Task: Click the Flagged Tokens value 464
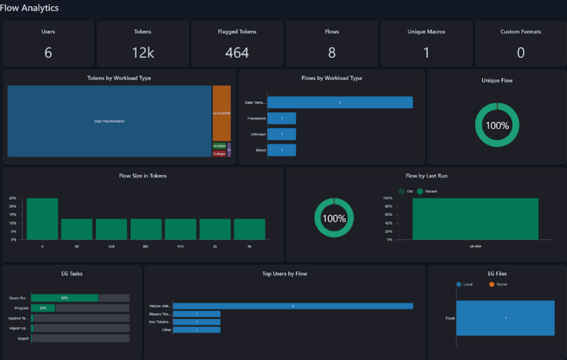(237, 53)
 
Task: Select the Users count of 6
(48, 53)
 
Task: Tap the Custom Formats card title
(521, 32)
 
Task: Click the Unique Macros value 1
(426, 53)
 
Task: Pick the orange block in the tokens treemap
(222, 113)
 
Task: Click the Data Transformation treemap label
(110, 121)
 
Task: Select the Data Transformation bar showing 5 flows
(340, 102)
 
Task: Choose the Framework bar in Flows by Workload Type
(282, 118)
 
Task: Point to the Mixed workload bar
(282, 150)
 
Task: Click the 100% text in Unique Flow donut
(497, 126)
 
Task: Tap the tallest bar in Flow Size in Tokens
(42, 219)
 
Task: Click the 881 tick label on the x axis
(146, 246)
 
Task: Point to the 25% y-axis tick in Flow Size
(13, 198)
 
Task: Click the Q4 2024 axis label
(475, 246)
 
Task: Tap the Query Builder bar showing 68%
(64, 298)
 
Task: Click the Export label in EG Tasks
(23, 339)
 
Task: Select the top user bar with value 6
(293, 306)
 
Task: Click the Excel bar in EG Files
(505, 318)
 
